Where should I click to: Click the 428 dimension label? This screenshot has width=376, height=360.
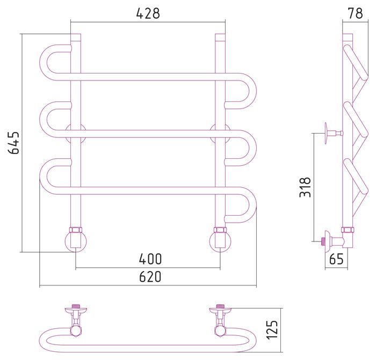pos(148,13)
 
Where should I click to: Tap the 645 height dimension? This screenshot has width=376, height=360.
pos(13,143)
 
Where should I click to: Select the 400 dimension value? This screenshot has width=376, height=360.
pos(150,259)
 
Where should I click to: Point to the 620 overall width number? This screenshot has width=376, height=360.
pos(150,277)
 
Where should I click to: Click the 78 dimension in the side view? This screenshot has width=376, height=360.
pos(356,13)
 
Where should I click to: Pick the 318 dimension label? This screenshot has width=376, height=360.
pos(305,187)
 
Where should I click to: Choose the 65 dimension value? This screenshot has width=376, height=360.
pos(336,259)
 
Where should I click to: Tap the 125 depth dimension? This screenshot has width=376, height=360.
pos(272,329)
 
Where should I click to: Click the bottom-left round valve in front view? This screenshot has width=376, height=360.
pos(76,241)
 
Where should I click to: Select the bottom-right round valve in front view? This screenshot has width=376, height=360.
pos(220,241)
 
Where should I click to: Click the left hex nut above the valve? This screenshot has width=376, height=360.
pos(76,230)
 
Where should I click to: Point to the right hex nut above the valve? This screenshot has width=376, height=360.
pos(220,230)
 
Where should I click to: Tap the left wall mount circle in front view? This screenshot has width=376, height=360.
pos(76,134)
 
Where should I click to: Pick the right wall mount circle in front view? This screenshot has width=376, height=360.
pos(220,134)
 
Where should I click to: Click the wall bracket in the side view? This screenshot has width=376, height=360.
pos(334,133)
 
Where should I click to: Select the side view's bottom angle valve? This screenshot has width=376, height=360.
pos(336,241)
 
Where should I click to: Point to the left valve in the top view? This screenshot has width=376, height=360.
pos(76,321)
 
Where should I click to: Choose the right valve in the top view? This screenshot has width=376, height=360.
pos(220,321)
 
